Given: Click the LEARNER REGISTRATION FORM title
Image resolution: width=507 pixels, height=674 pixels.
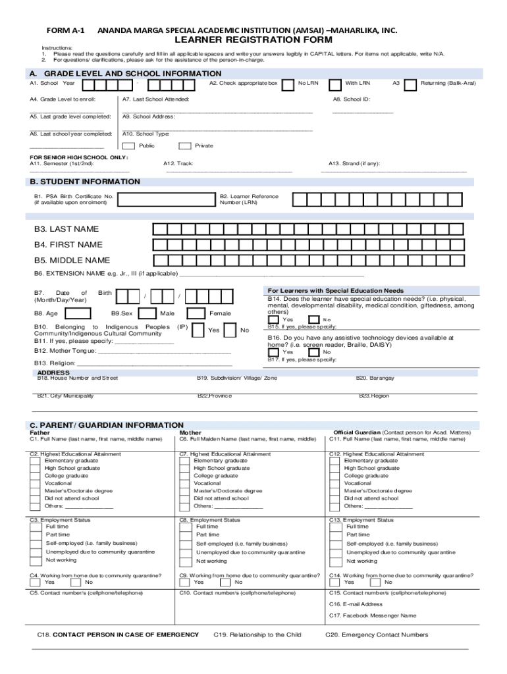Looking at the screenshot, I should (254, 40).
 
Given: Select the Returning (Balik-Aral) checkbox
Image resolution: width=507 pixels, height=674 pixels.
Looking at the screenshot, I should (410, 84).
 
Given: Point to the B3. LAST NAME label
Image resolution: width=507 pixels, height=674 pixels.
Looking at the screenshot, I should (67, 229).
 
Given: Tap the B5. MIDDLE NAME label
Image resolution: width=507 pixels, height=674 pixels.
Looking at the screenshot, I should (72, 261).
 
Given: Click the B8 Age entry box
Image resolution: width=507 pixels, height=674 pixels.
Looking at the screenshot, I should (79, 313).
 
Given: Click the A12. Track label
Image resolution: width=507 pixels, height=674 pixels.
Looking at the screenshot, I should (178, 163).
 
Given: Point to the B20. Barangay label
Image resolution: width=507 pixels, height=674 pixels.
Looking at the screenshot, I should (375, 378).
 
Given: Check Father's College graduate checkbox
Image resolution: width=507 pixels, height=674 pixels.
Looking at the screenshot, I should (34, 476).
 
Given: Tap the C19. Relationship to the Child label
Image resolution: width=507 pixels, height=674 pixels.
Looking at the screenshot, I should (257, 635).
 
